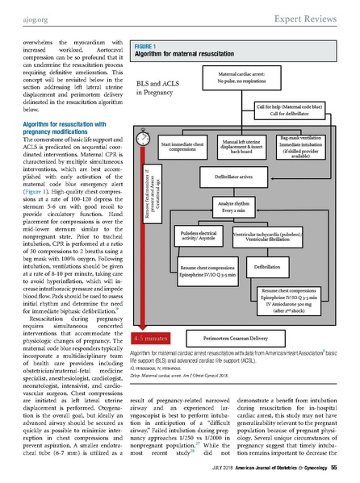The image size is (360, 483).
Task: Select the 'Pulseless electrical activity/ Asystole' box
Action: pos(196,236)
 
